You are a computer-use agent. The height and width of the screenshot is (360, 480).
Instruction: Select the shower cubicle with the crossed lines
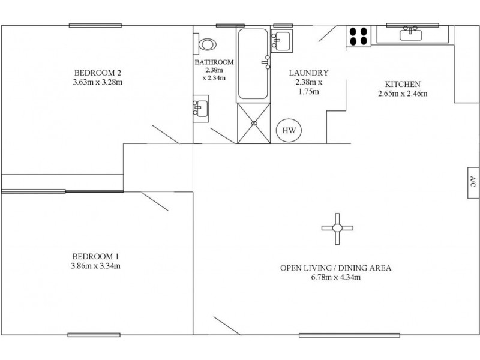coord(254,124)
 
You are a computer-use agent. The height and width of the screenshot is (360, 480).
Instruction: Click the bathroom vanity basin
coord(200,108)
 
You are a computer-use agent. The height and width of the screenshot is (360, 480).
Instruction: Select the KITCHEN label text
coord(402,84)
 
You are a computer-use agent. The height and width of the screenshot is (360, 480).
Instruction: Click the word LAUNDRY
coord(309,72)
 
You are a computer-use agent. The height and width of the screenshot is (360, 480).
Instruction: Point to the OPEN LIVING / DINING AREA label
coord(335,268)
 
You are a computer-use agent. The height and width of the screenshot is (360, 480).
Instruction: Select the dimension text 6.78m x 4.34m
coord(335,277)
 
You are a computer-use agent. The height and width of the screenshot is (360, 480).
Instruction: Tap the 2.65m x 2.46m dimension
coord(402,94)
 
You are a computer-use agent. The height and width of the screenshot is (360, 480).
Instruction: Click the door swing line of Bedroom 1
coord(155,202)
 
